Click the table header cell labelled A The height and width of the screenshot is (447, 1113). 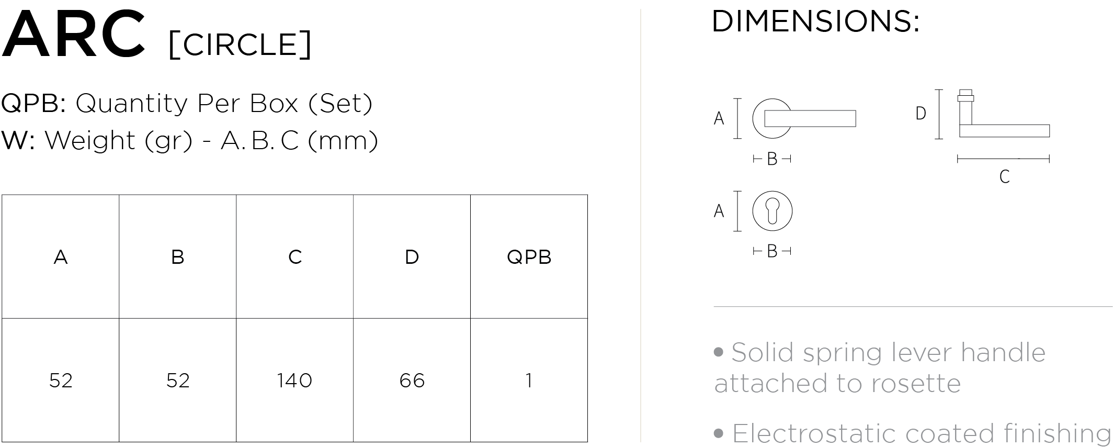click(61, 256)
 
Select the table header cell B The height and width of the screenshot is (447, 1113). click(178, 256)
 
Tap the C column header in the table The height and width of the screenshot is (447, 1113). click(295, 256)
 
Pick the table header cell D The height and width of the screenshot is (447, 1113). click(412, 256)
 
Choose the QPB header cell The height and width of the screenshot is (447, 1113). click(529, 256)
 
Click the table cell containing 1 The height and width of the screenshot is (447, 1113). click(529, 380)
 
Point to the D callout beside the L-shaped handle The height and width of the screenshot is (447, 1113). click(921, 114)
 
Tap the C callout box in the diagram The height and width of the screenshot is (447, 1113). click(1004, 177)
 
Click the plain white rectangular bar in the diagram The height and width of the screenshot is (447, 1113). click(810, 118)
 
